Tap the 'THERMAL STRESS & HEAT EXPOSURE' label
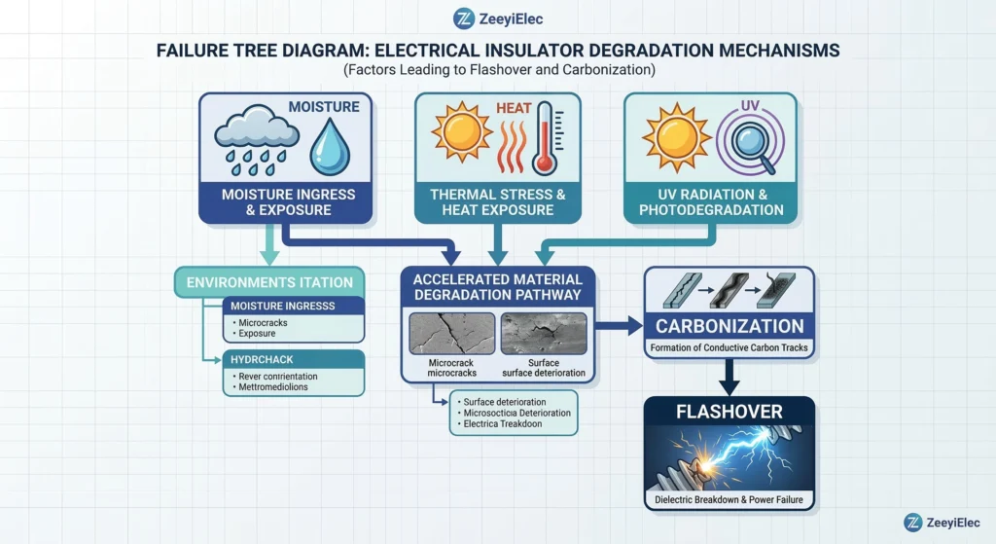click(x=498, y=201)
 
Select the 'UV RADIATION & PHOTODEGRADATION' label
click(x=711, y=201)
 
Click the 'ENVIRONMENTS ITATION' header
click(x=269, y=282)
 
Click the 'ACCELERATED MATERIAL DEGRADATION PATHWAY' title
click(x=497, y=286)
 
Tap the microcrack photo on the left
click(x=449, y=334)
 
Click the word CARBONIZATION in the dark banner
click(x=729, y=326)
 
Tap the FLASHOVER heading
click(x=729, y=412)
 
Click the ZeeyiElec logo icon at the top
click(x=464, y=18)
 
